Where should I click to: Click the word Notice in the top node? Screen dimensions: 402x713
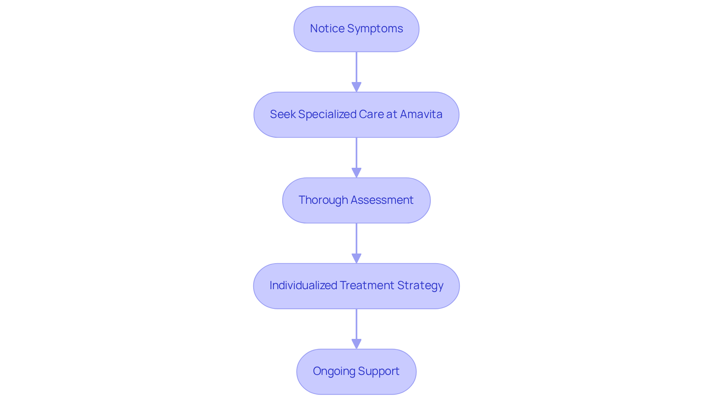point(327,29)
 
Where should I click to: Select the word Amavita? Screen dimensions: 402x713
point(421,114)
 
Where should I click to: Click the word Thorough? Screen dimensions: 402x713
point(323,200)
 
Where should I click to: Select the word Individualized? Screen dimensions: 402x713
point(303,285)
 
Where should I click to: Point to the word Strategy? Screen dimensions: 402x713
point(420,285)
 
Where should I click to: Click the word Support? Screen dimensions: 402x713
point(379,371)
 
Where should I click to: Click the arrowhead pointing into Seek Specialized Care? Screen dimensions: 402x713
point(356,87)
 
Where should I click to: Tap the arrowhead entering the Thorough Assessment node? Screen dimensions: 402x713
point(356,173)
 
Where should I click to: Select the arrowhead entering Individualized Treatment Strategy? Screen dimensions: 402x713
point(356,258)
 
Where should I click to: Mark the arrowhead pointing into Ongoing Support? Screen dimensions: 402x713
point(356,344)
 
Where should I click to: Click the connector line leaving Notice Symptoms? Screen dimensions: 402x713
point(356,67)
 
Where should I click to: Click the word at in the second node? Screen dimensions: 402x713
point(392,114)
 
